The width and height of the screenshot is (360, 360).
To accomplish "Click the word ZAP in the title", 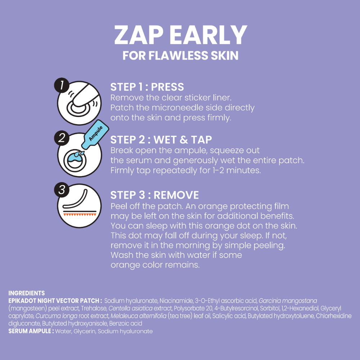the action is point(139,35).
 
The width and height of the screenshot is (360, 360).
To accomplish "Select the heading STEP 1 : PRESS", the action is point(147,87).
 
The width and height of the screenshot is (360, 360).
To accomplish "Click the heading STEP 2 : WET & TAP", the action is point(161,140).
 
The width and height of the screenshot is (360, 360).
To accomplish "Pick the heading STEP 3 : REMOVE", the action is point(154,195).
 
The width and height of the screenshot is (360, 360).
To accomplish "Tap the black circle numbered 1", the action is point(62,85).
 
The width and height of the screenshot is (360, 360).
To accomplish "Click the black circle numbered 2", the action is point(62,138).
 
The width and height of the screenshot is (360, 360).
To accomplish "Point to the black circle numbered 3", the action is point(62,190).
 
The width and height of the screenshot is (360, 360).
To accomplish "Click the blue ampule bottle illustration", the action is point(95,134).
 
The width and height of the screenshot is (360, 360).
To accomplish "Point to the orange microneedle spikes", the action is point(80,215).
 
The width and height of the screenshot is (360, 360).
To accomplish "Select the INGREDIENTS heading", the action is point(27,293).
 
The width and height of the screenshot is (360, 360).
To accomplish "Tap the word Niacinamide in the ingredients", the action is point(176,301).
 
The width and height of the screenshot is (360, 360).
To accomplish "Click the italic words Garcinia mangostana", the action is point(288,301).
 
